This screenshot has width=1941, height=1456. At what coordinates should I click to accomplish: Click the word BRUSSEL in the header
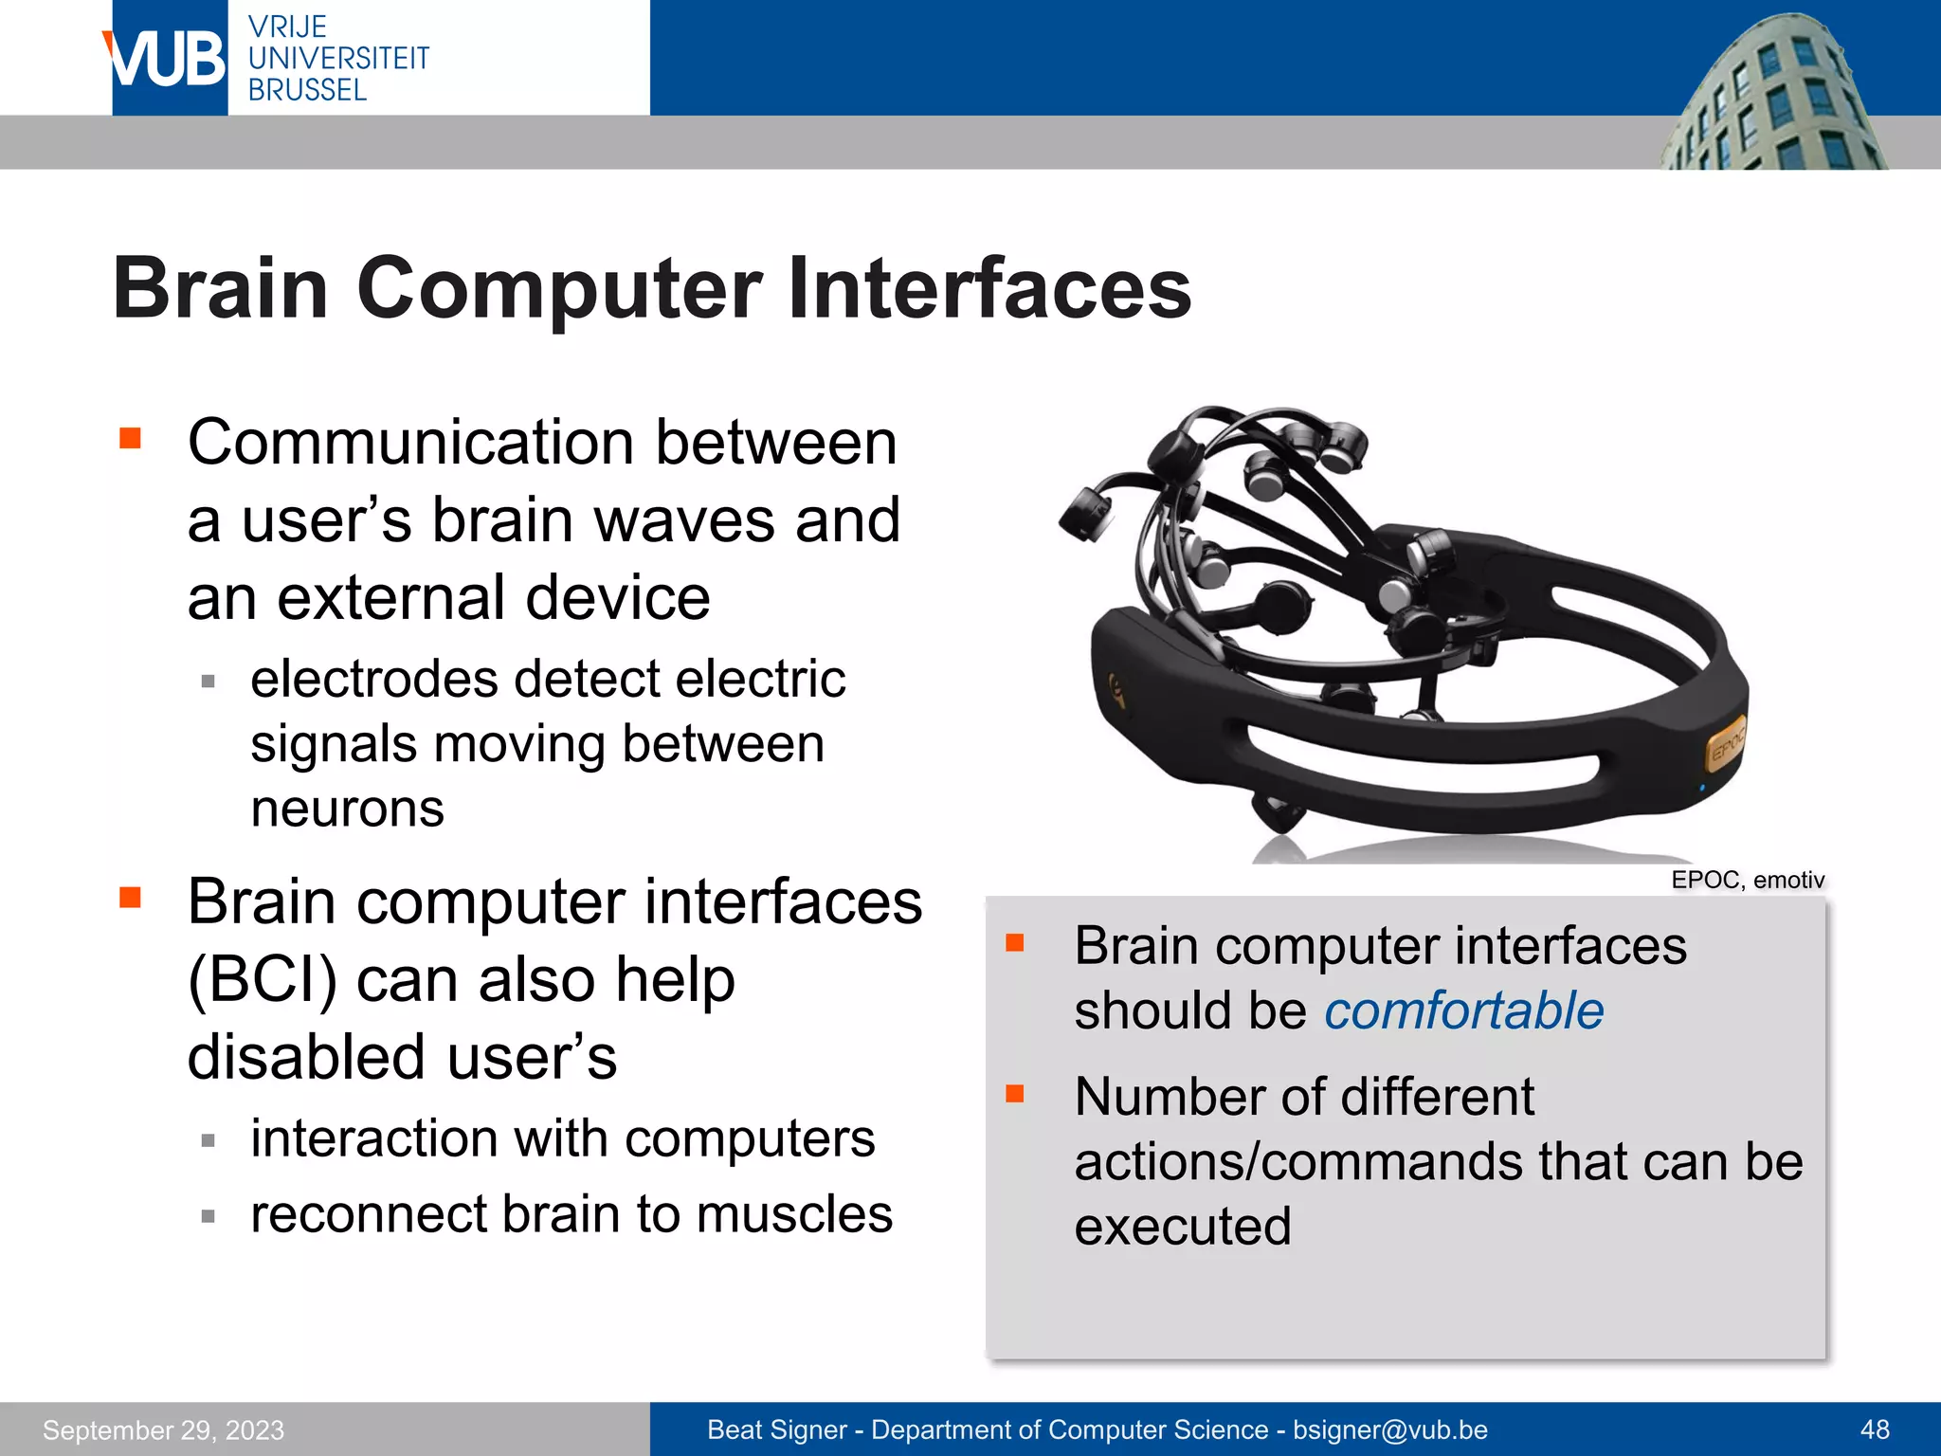307,91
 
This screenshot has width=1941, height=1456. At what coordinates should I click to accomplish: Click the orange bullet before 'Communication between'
130,438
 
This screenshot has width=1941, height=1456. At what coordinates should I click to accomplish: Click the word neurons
347,809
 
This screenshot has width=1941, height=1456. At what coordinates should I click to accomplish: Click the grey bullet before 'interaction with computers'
209,1140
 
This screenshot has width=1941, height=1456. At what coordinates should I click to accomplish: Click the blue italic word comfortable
1463,1010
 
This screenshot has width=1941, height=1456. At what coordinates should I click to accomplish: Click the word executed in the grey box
1182,1227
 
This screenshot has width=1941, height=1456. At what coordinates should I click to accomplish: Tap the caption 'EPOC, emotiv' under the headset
1747,880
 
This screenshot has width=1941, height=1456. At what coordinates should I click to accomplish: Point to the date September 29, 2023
163,1429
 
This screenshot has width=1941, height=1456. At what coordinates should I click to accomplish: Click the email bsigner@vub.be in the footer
1389,1429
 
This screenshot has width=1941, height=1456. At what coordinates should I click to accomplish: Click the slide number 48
1874,1429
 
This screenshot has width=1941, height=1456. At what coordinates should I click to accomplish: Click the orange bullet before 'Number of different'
1015,1094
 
